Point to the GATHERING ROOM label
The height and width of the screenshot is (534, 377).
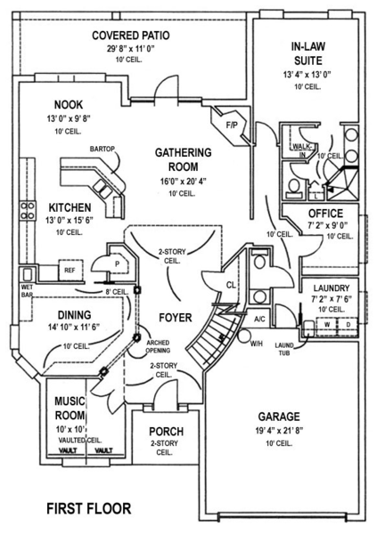183,158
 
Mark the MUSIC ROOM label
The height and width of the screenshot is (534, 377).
68,409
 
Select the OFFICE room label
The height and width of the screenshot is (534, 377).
325,214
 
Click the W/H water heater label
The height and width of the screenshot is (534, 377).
255,344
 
